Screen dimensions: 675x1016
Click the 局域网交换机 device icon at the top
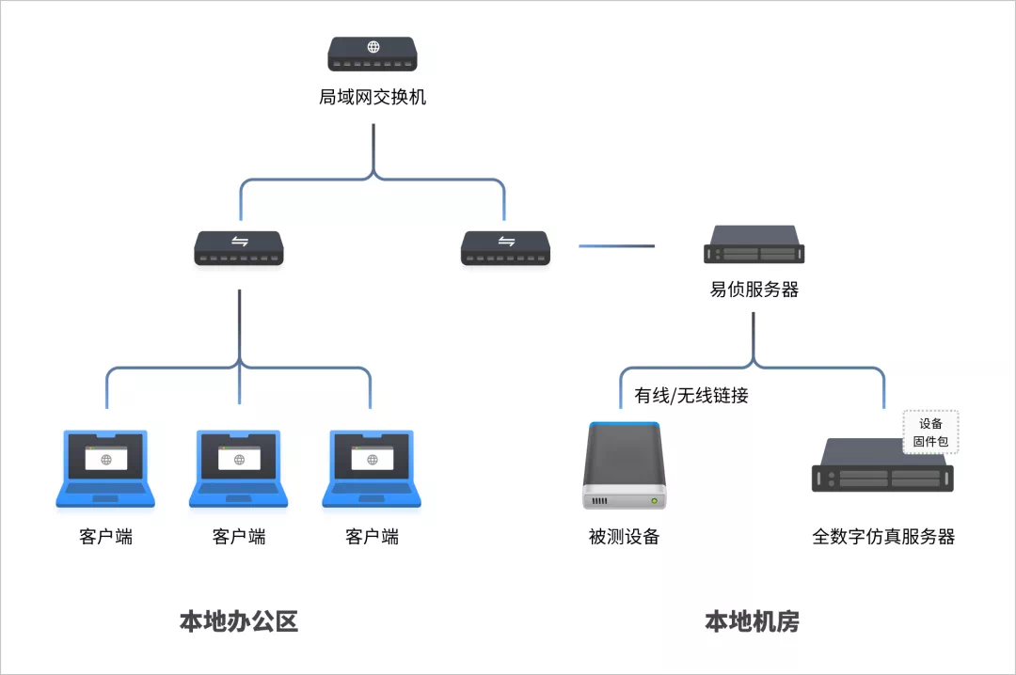373,55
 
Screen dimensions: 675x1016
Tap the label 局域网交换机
373,97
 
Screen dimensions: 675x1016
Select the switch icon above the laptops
239,248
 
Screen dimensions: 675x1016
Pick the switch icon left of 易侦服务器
506,248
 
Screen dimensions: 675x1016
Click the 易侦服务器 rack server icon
754,244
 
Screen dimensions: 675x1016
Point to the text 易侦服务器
754,290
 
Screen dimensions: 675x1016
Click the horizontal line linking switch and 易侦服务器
616,246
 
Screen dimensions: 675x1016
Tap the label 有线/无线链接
691,396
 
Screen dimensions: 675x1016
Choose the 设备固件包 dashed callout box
930,432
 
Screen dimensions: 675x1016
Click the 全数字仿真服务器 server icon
882,466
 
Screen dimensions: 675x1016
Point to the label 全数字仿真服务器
883,537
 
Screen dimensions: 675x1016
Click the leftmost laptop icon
105,468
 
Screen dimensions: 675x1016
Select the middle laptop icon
239,468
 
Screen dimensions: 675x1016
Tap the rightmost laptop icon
372,468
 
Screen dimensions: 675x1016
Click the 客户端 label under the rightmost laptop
372,537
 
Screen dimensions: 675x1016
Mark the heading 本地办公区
239,621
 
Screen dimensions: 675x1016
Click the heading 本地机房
753,621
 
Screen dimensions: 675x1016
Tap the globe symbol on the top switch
373,47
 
